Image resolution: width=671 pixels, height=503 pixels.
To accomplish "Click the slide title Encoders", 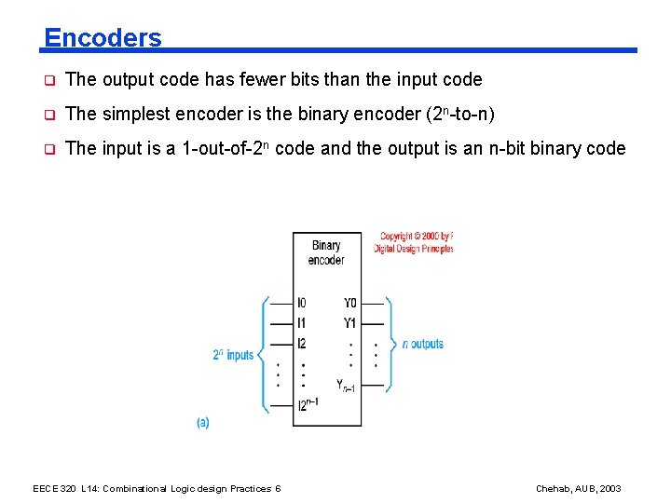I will pos(103,38).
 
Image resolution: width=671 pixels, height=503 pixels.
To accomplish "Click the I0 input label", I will pos(302,303).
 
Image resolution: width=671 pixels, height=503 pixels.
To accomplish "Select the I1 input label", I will pos(301,323).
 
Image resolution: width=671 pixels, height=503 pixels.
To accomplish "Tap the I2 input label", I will pos(302,344).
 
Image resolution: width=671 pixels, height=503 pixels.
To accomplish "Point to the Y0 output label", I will pos(349,303).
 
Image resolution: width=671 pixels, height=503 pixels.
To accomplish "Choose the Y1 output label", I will pos(349,323).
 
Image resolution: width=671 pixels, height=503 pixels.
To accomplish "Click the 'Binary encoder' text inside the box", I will pos(326,252).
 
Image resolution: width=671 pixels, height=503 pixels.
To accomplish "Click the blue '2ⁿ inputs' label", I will pos(233,355).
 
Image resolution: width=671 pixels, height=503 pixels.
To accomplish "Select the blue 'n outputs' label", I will pos(423,344).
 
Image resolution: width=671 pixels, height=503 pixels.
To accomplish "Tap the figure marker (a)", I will pos(203,422).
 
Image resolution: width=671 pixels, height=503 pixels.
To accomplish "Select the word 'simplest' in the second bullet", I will pos(134,115).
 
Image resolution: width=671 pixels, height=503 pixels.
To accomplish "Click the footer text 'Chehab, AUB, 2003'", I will pos(578,489).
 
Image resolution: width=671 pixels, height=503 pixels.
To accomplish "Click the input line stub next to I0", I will pos(281,303).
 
